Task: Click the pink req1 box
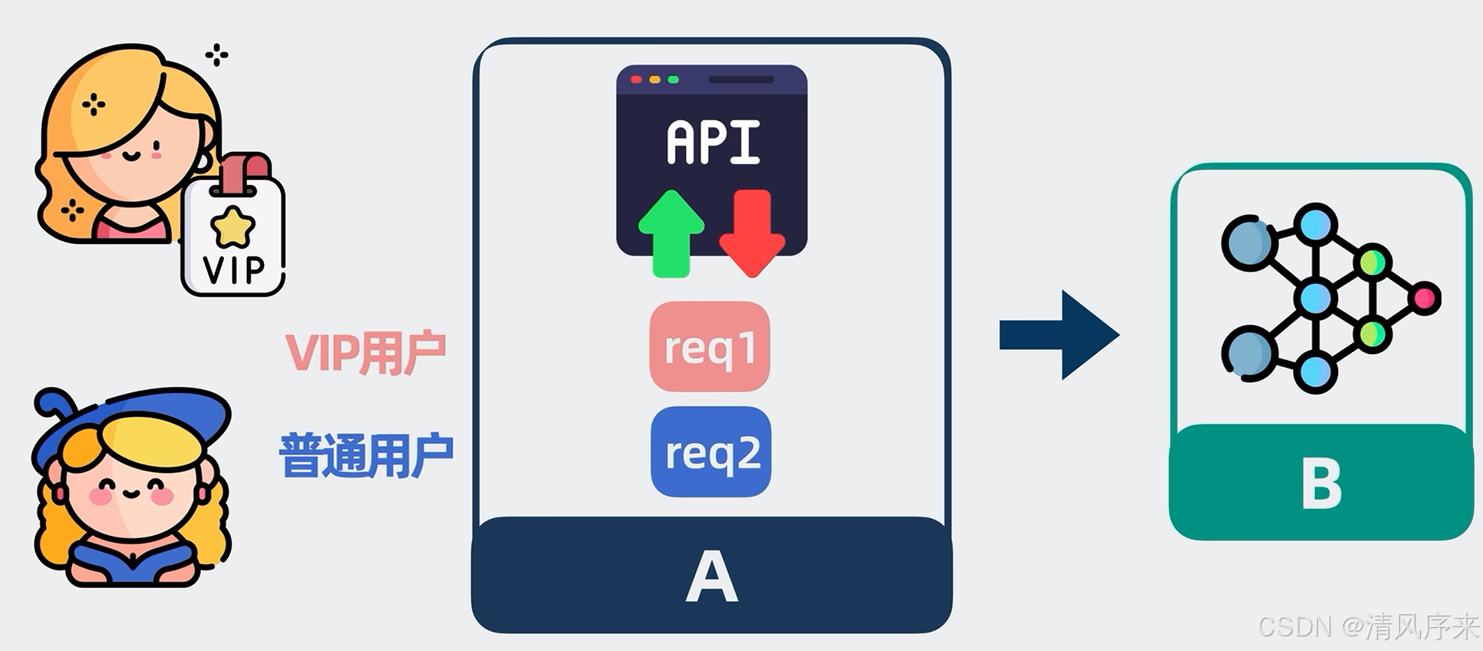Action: pyautogui.click(x=710, y=346)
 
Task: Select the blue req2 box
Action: pyautogui.click(x=711, y=451)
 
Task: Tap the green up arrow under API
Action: pyautogui.click(x=671, y=233)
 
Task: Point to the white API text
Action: pyautogui.click(x=713, y=143)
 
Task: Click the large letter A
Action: pyautogui.click(x=711, y=577)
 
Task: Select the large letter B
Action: pyautogui.click(x=1321, y=484)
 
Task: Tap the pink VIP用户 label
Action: pyautogui.click(x=365, y=353)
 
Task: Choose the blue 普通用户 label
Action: pyautogui.click(x=366, y=456)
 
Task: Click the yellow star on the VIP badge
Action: pyautogui.click(x=232, y=226)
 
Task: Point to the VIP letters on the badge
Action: pyautogui.click(x=233, y=269)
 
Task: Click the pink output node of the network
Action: pyautogui.click(x=1425, y=298)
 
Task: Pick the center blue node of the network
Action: pyautogui.click(x=1316, y=298)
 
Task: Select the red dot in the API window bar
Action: pyautogui.click(x=636, y=80)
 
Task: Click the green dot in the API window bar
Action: pyautogui.click(x=673, y=80)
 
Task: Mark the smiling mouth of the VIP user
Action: pyautogui.click(x=131, y=156)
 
